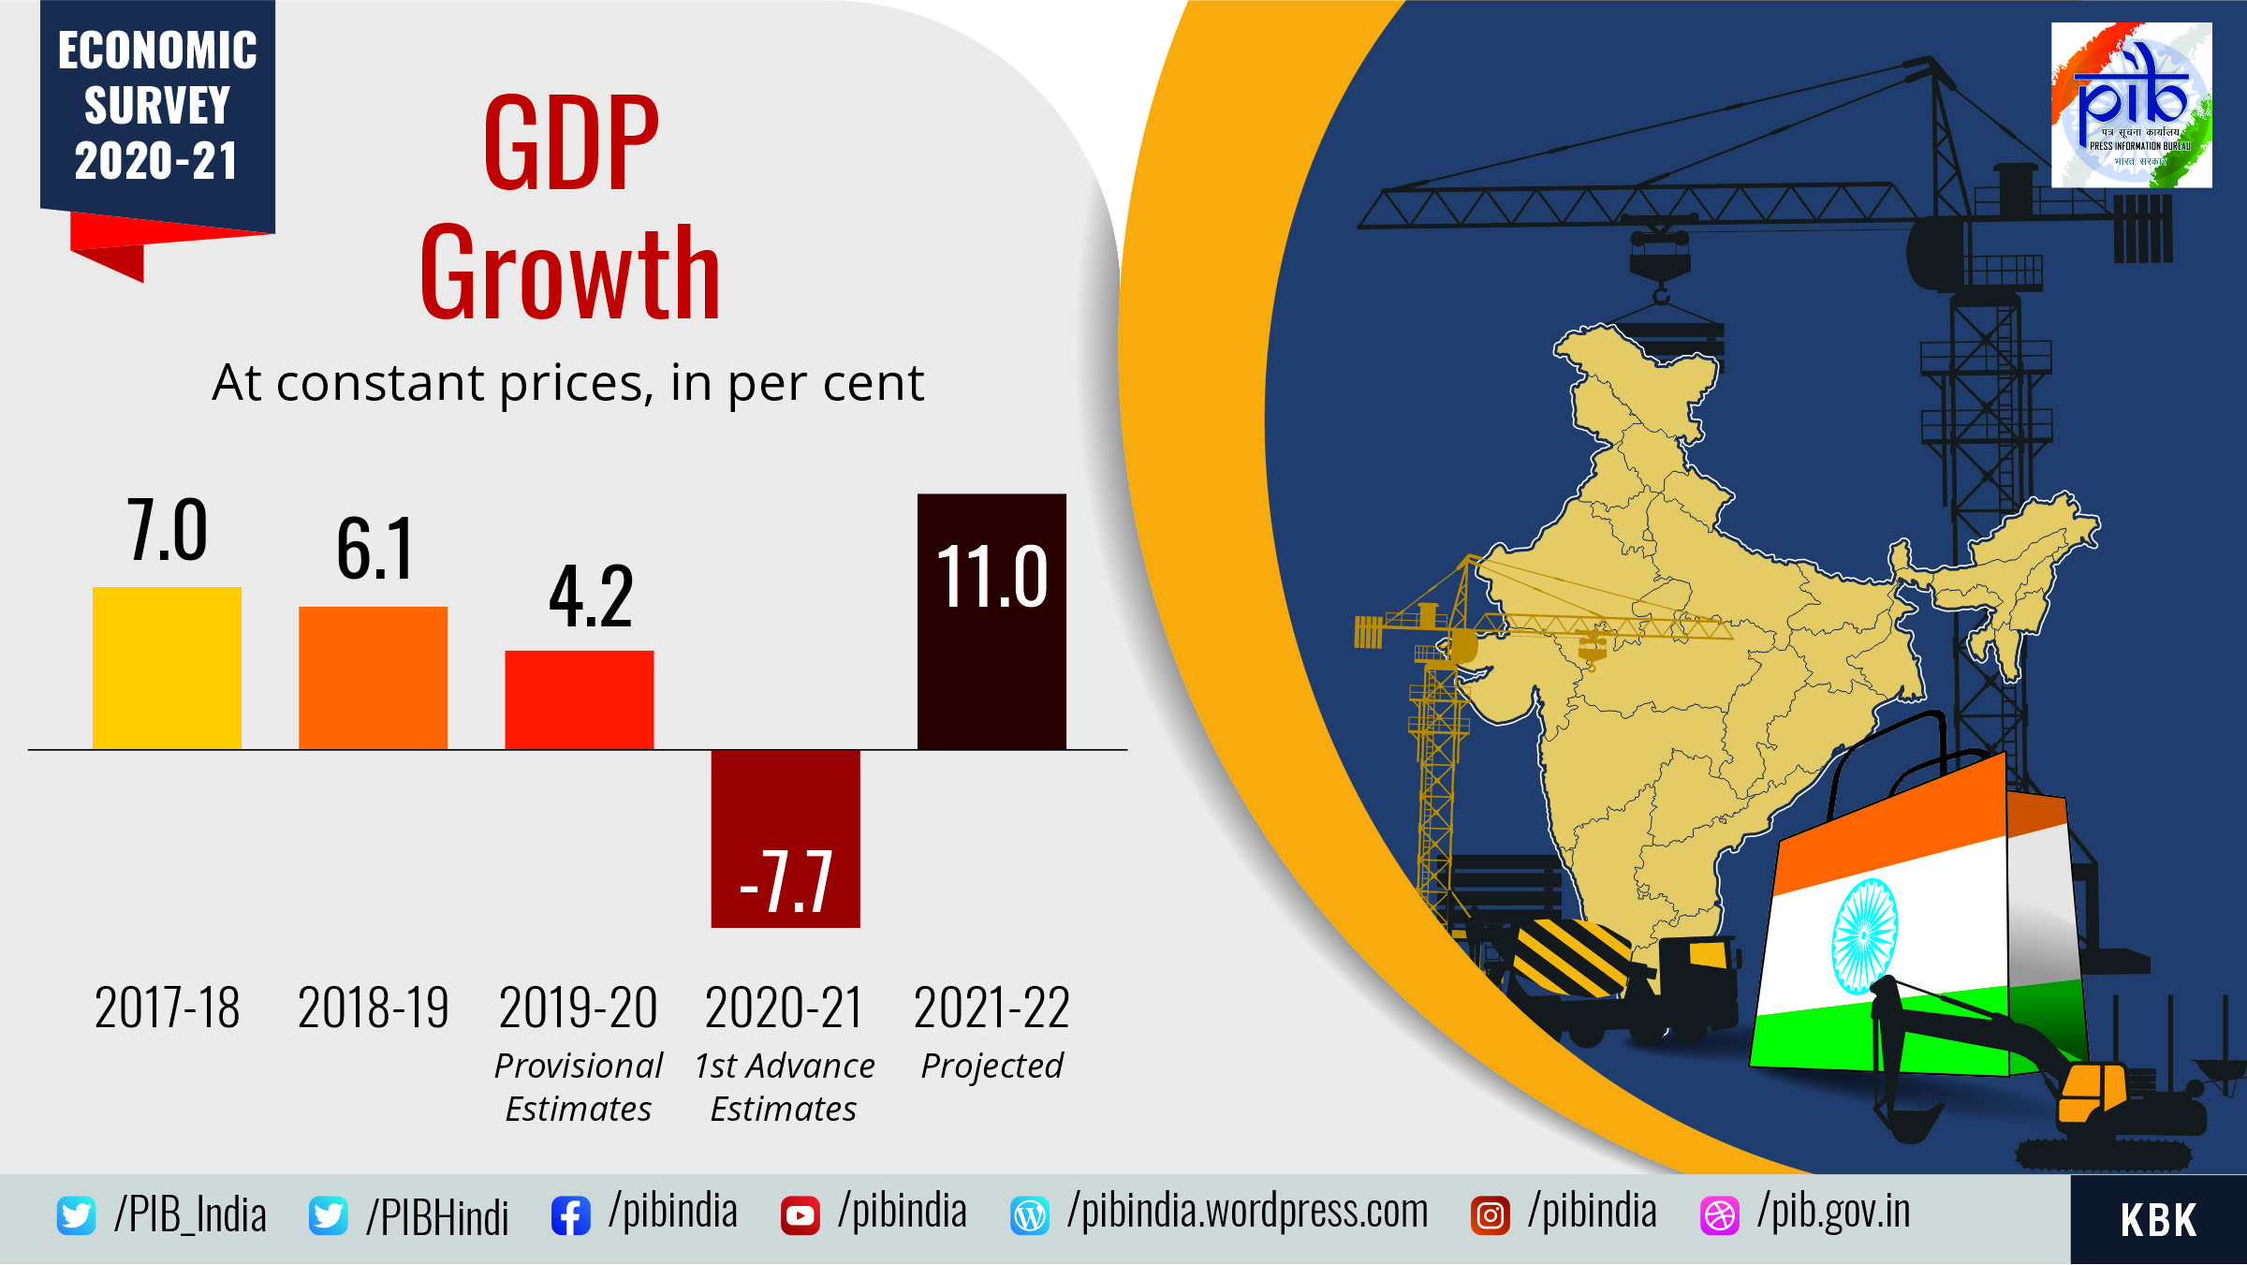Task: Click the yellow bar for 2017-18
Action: (167, 668)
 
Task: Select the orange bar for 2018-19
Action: (373, 678)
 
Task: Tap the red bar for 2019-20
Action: (579, 699)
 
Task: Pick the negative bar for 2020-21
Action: (785, 838)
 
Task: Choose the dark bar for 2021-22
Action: (991, 621)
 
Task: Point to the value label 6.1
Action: (374, 550)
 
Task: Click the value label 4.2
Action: (591, 596)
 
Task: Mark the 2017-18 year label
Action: (167, 1008)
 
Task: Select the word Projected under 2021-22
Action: (991, 1066)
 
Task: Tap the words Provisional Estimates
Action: (579, 1087)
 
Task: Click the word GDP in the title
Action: (571, 143)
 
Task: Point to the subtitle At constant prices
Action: (567, 383)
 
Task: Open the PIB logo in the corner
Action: (2131, 105)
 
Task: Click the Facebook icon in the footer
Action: (570, 1216)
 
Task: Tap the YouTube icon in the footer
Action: (800, 1216)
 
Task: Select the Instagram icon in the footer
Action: (1490, 1216)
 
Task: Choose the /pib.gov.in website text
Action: (1833, 1212)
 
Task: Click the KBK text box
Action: (2158, 1220)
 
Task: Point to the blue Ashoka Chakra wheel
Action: (1864, 935)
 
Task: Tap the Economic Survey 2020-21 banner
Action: (157, 106)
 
